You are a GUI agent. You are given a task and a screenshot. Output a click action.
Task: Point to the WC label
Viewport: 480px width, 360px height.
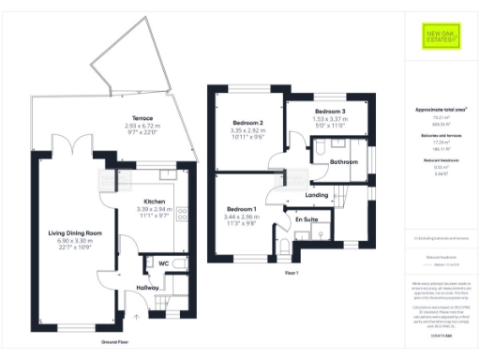click(x=163, y=263)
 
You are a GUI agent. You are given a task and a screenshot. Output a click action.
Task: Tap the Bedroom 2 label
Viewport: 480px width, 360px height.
click(x=248, y=123)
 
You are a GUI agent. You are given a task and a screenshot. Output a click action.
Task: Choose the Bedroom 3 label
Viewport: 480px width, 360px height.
click(x=330, y=112)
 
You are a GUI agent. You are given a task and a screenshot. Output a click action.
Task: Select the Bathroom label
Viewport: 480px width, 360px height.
click(x=345, y=162)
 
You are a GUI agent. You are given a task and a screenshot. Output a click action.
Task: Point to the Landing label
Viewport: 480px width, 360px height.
click(x=320, y=195)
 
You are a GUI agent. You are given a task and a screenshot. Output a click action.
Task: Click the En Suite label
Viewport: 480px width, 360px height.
click(x=307, y=219)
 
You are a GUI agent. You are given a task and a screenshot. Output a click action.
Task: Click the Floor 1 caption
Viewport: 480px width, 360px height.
click(x=291, y=273)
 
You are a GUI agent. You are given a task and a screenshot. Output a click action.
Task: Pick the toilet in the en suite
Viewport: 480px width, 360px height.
click(x=284, y=247)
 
